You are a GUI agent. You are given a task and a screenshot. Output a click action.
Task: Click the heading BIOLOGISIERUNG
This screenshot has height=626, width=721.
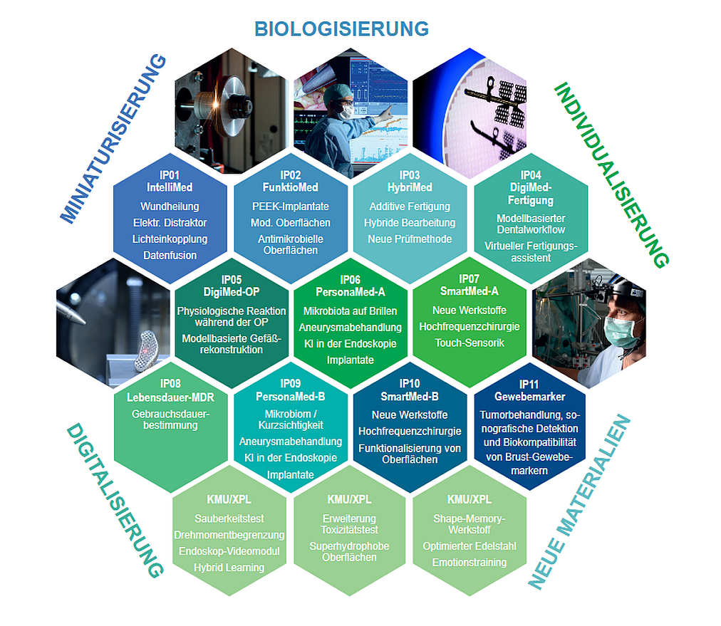click(341, 28)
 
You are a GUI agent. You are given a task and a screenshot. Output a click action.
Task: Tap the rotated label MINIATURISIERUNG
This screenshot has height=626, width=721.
click(114, 139)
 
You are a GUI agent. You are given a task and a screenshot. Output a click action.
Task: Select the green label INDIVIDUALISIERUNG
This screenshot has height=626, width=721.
click(611, 174)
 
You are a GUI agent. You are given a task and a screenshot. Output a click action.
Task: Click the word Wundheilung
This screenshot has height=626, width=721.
click(170, 207)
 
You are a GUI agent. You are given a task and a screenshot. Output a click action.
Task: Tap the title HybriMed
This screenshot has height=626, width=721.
click(409, 188)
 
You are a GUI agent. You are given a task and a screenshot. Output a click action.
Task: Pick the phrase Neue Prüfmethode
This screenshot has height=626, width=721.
click(410, 239)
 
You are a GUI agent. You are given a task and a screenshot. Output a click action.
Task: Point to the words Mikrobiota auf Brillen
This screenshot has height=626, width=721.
click(351, 312)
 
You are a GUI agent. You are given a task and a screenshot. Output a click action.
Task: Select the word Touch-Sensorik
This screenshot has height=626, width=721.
click(470, 343)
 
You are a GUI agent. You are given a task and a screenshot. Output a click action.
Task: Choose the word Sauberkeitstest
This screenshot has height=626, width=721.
click(229, 518)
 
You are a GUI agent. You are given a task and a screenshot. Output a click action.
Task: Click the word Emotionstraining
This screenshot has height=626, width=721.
click(470, 563)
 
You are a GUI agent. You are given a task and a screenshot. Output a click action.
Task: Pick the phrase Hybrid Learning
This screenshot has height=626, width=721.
click(229, 568)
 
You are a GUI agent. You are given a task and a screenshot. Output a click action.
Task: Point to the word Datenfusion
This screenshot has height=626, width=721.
click(170, 255)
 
